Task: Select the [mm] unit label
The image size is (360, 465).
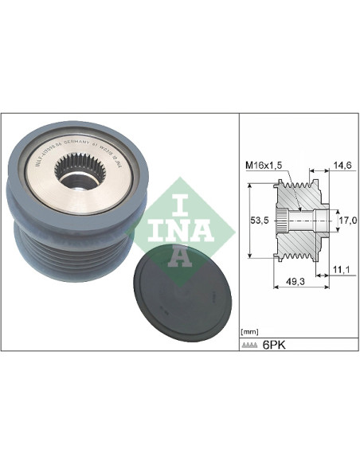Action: [250, 329]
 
